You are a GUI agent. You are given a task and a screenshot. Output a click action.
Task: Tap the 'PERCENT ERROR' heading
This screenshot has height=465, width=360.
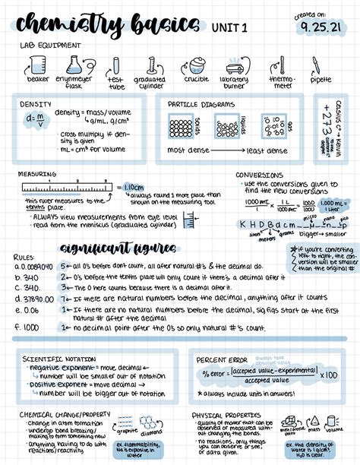click(221, 359)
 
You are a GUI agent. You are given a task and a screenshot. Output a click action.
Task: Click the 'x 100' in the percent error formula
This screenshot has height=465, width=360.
click(329, 374)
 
